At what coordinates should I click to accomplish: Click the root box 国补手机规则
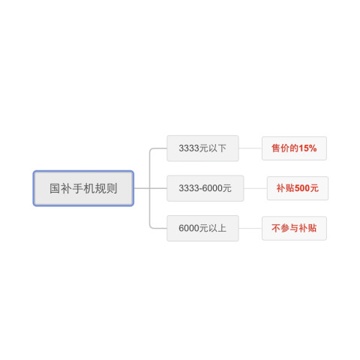(x=83, y=188)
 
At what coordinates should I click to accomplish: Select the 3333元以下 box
(x=202, y=148)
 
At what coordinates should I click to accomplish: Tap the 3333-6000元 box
(x=205, y=188)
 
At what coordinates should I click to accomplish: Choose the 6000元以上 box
(x=202, y=228)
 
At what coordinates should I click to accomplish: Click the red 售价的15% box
(x=294, y=148)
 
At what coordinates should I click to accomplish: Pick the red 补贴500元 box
(x=298, y=188)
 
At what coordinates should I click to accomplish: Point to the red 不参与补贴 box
(x=294, y=228)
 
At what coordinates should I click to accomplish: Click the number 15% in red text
(x=307, y=148)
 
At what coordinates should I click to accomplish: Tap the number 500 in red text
(x=302, y=188)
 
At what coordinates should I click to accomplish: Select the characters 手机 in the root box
(x=83, y=188)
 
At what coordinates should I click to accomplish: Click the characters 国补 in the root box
(x=61, y=188)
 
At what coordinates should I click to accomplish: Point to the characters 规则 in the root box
(x=106, y=188)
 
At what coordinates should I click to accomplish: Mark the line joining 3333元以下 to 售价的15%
(x=250, y=148)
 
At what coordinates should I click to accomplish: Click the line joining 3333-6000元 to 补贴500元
(x=255, y=188)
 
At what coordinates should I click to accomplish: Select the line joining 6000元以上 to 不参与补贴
(x=250, y=228)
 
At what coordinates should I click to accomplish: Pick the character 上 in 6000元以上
(x=222, y=228)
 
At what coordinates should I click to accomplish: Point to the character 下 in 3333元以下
(x=222, y=148)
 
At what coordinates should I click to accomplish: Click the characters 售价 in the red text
(x=280, y=148)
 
